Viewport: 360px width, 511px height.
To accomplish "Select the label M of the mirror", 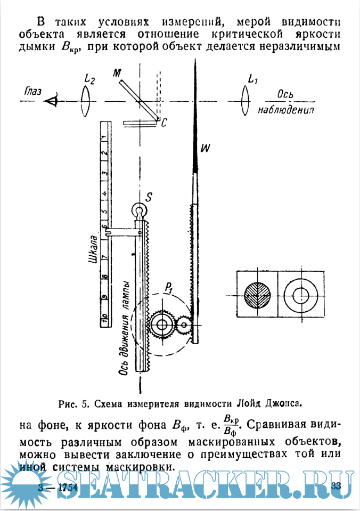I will click(x=116, y=74).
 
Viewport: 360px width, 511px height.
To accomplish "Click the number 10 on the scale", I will click(x=105, y=320).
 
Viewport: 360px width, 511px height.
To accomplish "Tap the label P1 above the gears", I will click(x=170, y=288).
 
